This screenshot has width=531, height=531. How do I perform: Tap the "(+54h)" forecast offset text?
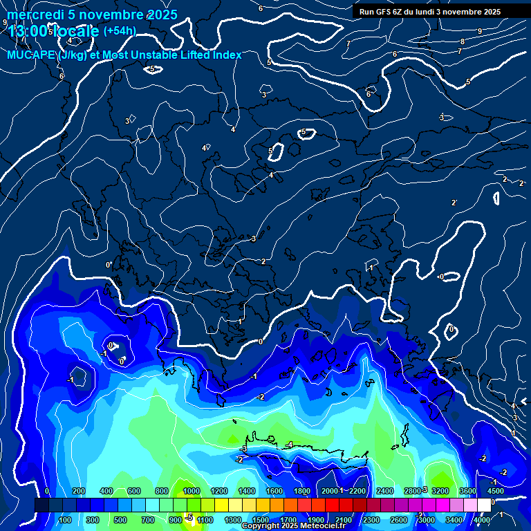tap(120, 30)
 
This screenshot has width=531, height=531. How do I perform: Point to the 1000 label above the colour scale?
tap(192, 491)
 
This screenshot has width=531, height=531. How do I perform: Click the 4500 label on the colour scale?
tap(495, 491)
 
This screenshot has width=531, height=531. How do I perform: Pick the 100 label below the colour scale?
tap(65, 520)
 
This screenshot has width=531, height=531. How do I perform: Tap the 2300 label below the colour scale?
tap(371, 520)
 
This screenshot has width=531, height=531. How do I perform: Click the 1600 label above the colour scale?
tap(274, 491)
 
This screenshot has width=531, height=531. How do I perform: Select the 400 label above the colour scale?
tap(106, 491)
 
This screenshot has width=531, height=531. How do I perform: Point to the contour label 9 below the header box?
tap(480, 31)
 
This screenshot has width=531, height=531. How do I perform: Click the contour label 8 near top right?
tap(463, 41)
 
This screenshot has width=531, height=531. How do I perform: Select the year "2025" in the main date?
tap(162, 15)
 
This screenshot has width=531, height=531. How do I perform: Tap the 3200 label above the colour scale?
tap(440, 491)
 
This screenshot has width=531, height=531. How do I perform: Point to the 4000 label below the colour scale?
tap(481, 520)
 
